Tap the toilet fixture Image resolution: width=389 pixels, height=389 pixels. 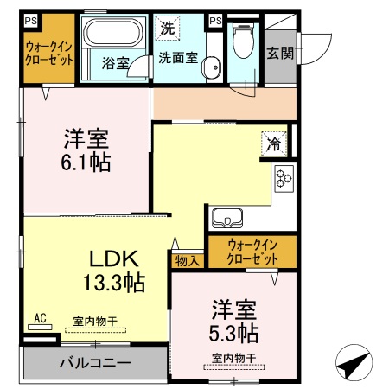click(x=243, y=40)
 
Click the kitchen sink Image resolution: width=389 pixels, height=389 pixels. click(x=226, y=216)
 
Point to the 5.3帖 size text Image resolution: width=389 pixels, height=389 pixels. click(x=233, y=332)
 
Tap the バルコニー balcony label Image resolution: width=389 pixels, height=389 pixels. click(x=95, y=362)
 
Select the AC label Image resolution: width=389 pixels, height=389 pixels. click(x=39, y=318)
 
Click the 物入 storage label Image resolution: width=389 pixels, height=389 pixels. click(x=187, y=259)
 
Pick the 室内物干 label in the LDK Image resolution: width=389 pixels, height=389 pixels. click(x=94, y=322)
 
